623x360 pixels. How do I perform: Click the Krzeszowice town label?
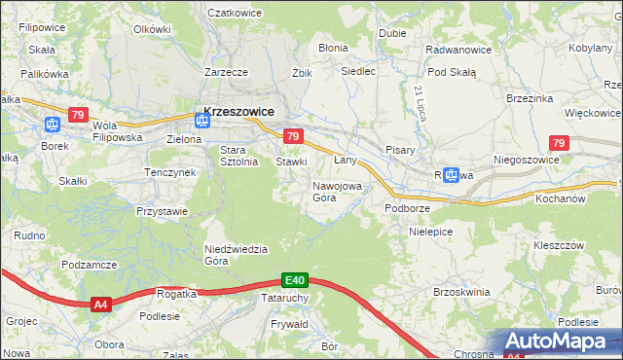click(239, 111)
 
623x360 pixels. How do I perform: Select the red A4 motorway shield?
click(100, 305)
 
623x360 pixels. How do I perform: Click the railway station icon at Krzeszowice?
click(202, 121)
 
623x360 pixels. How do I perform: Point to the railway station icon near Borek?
click(53, 124)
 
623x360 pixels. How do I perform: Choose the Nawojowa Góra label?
click(338, 191)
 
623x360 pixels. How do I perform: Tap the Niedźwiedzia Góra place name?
click(236, 254)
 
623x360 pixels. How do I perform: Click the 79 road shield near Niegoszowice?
click(558, 143)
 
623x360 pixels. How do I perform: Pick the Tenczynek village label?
click(170, 172)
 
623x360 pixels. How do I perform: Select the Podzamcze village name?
click(89, 265)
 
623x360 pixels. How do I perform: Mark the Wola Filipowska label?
click(118, 131)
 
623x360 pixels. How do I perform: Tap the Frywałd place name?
click(290, 323)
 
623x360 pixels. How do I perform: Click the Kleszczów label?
click(558, 245)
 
